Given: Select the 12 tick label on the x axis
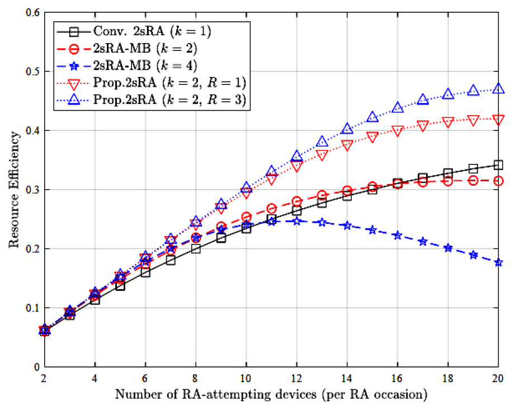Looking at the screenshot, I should [296, 378].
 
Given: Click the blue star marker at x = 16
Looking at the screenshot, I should [398, 236].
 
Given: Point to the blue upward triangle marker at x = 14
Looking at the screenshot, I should [347, 129].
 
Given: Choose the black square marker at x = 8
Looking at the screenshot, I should [196, 248].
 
